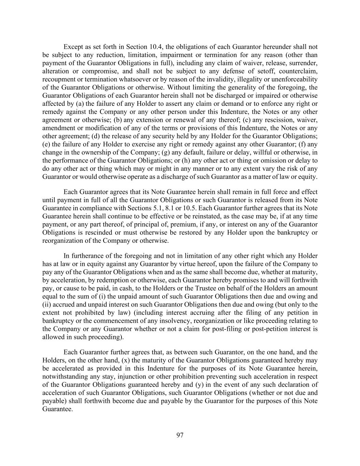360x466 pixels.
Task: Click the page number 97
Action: pyautogui.click(x=180, y=435)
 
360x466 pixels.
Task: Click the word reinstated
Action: pyautogui.click(x=218, y=216)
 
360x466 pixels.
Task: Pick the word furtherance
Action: pyautogui.click(x=88, y=256)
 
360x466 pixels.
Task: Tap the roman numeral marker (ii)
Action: pyautogui.click(x=46, y=305)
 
